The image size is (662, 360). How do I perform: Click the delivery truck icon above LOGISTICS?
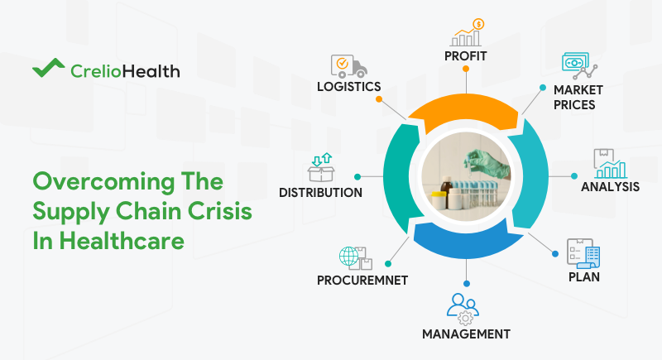point(348,65)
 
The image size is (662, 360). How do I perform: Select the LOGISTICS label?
point(348,86)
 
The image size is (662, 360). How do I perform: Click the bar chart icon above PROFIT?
point(466,32)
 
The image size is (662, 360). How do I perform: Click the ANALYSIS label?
point(610,187)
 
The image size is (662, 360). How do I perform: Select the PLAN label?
point(584,276)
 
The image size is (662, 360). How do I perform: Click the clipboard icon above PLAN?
point(583,252)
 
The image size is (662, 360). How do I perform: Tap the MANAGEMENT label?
point(466,334)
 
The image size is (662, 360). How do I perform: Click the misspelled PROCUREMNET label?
point(362,280)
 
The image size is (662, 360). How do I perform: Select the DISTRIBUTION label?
point(320,193)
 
